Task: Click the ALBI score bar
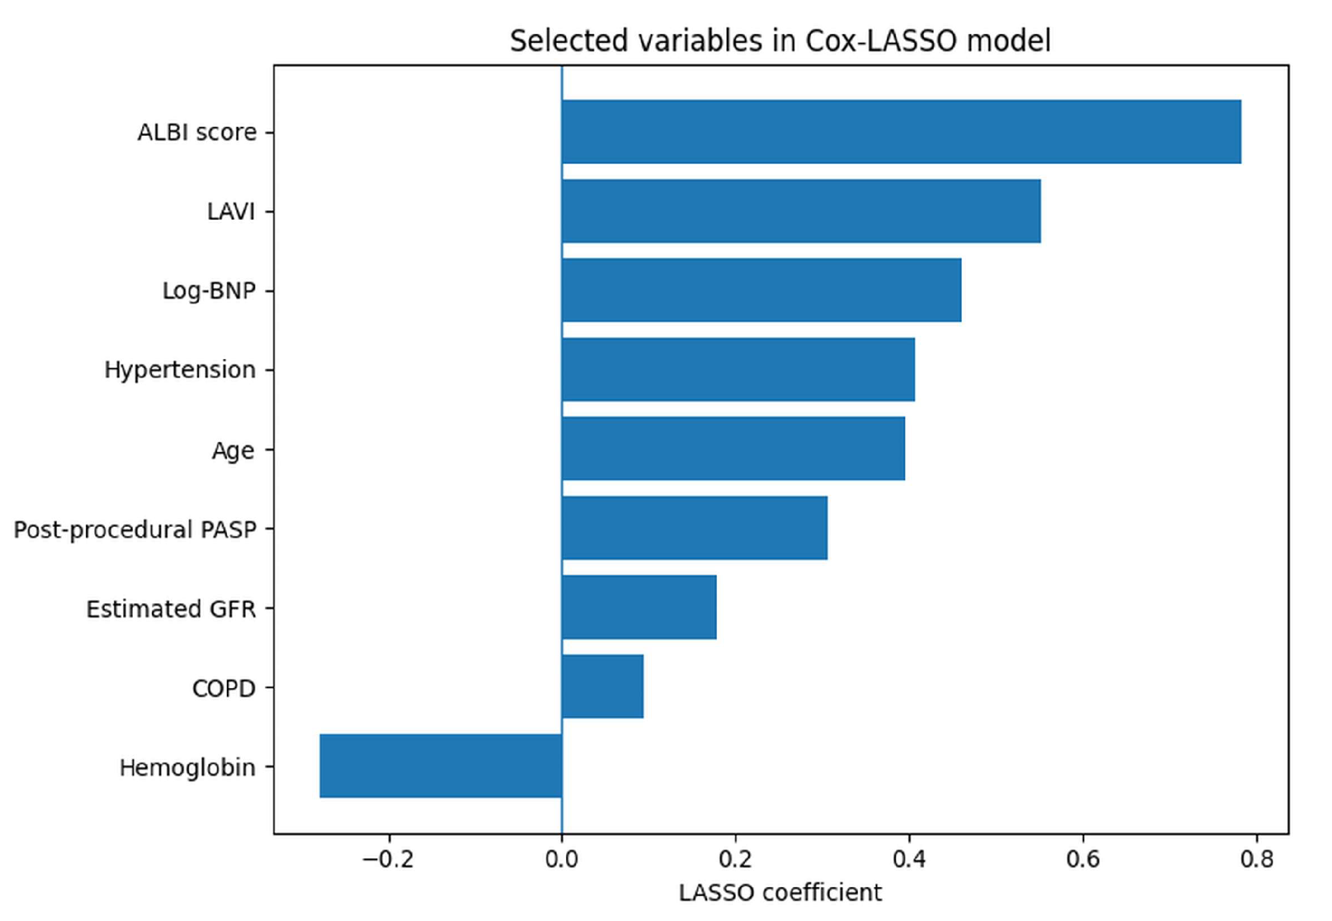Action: [x=901, y=132]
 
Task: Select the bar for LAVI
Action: [x=801, y=211]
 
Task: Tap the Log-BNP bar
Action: [x=762, y=291]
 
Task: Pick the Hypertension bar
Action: [x=738, y=370]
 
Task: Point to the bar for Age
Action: [x=734, y=449]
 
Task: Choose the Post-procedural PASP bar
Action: [x=695, y=528]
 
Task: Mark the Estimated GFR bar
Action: [x=640, y=607]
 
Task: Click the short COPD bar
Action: [x=603, y=686]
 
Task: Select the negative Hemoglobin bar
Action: [x=441, y=766]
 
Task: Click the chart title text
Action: [x=780, y=41]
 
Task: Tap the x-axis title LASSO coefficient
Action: [x=780, y=893]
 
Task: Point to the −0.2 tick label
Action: [x=388, y=860]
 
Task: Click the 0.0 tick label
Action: [x=562, y=860]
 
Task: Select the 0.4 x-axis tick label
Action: [x=909, y=860]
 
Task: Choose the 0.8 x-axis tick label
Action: [x=1256, y=860]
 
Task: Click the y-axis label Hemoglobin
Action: [x=188, y=768]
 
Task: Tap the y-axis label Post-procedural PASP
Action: [x=135, y=530]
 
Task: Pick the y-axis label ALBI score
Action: [x=197, y=132]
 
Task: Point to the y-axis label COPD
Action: [x=224, y=688]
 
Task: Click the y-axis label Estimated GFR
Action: [x=171, y=609]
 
